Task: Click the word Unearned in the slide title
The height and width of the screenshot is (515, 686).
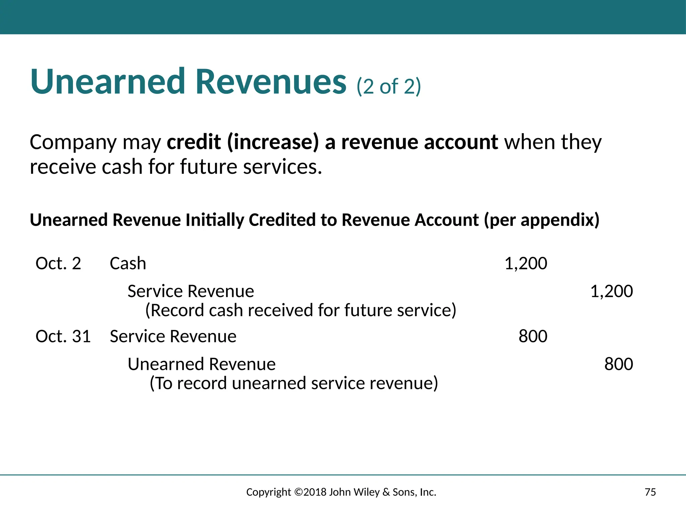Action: [107, 81]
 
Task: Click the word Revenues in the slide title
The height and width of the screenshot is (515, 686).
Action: [271, 81]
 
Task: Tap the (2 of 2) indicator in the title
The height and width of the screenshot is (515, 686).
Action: [389, 87]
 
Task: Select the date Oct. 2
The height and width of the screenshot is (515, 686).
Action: [58, 264]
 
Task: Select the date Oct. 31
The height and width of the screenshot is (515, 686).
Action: [63, 336]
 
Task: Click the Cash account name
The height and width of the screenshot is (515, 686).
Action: [128, 264]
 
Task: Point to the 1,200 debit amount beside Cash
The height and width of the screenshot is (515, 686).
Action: [526, 264]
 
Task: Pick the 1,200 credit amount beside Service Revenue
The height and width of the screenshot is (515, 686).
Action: [611, 291]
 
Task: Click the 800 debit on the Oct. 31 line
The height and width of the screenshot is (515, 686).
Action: [533, 336]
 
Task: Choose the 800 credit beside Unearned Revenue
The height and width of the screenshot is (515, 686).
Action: [618, 364]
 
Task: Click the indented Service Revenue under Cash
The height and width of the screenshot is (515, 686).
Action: [191, 291]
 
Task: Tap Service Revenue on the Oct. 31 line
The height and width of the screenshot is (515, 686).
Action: [173, 336]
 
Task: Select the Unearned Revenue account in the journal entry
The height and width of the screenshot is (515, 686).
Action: [201, 364]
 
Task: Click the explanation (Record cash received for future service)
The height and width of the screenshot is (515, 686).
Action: [300, 310]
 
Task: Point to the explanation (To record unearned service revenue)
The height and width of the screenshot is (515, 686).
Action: [293, 383]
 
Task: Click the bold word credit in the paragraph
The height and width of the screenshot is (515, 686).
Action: [194, 142]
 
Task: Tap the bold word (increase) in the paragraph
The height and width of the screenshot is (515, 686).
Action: [273, 142]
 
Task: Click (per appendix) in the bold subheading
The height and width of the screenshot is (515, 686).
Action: [542, 220]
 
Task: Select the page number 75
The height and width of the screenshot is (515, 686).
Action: [650, 492]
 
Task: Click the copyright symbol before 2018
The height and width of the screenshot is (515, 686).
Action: [298, 492]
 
